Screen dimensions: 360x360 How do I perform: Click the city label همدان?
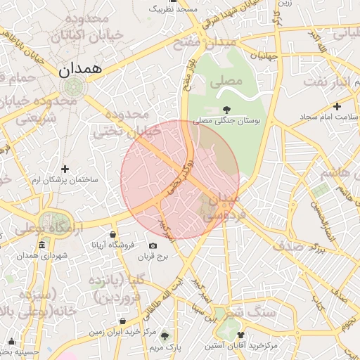coord(80,69)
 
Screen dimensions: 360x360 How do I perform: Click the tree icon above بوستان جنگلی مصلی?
coord(226,109)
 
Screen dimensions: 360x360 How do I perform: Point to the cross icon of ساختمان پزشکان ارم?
coord(65,169)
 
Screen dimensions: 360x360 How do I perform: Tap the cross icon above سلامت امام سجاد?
coord(337,106)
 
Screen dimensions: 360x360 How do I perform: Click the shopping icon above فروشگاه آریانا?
coord(112,233)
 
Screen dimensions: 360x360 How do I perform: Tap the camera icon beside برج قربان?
coord(153,245)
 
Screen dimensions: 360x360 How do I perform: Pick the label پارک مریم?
coord(166,347)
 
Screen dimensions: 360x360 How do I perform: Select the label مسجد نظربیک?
coord(177,9)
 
